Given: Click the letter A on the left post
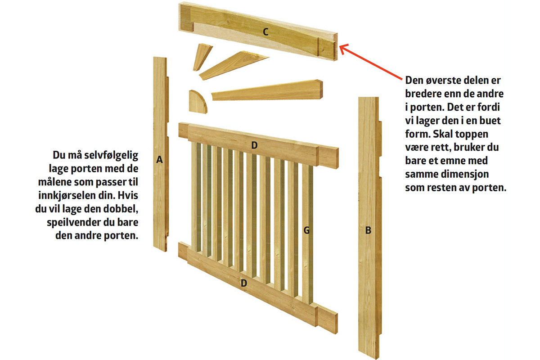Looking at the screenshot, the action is coord(159,160).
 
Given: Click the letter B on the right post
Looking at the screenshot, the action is coord(368,230).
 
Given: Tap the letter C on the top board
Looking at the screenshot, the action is coord(265,32).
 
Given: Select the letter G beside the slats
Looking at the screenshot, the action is coord(306,230).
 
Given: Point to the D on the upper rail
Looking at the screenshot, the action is coord(254,145).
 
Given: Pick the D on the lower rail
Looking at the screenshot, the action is coord(244,283).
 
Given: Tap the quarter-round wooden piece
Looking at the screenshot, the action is coord(197,102).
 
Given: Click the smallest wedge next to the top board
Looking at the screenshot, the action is coord(202,57).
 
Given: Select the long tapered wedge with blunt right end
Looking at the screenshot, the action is coord(267,90).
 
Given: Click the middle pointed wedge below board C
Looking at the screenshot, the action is coord(234,65).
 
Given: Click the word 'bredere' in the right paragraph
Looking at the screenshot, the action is coord(423,94).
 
